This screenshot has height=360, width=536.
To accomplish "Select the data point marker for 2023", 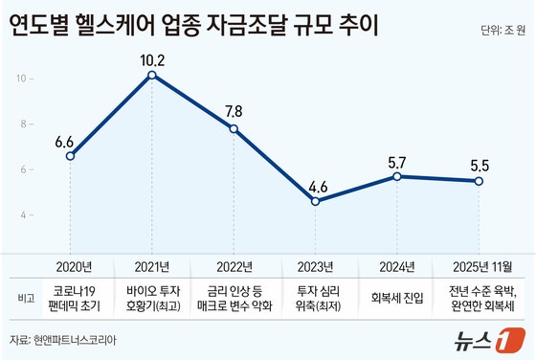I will coord(316,201).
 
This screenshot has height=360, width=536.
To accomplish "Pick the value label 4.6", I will coord(316,185).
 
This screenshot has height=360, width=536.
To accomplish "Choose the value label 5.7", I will coord(397,161).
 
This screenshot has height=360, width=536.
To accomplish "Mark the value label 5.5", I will coord(480,165).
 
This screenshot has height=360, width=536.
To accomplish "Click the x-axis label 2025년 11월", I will coord(479,265).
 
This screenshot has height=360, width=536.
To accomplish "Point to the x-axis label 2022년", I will coord(234,265).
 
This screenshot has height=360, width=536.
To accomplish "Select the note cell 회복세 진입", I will coord(397,298).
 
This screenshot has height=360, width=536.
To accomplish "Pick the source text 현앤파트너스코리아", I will coord(81,340).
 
